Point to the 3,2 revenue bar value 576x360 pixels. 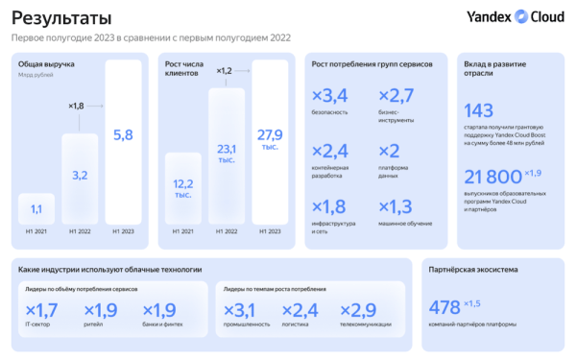[x=79, y=176]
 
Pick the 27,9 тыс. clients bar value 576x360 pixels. [x=270, y=136]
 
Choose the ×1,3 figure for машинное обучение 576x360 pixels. [x=396, y=206]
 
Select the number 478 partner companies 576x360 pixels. [x=444, y=307]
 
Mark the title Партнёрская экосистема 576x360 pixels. [x=474, y=271]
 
